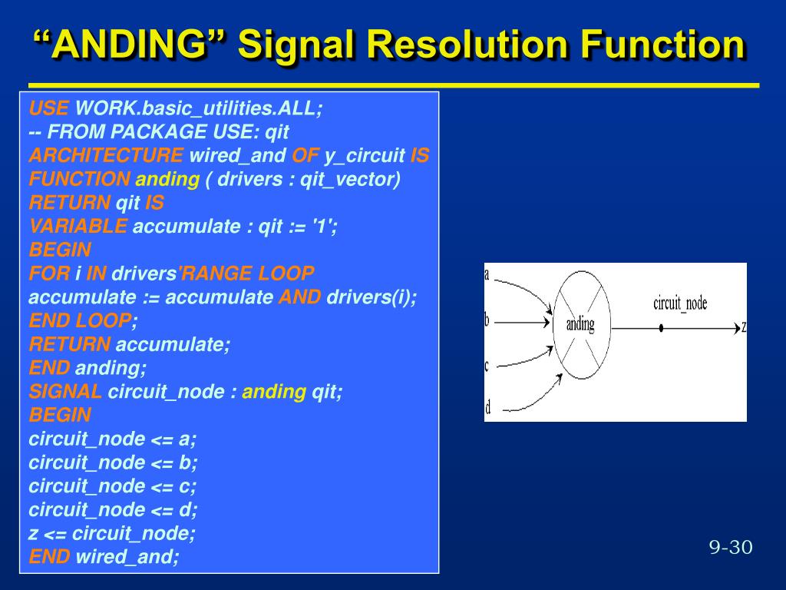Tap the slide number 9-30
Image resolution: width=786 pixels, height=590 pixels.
coord(730,547)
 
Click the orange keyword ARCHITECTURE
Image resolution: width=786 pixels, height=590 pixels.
coord(106,156)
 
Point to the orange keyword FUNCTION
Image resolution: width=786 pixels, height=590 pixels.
coord(79,180)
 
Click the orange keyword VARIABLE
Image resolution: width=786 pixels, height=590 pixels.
coord(78,227)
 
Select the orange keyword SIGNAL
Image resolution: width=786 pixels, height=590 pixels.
coord(65,392)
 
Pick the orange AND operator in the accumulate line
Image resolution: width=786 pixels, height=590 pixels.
coord(299,297)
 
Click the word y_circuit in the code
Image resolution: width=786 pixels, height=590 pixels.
coord(365,156)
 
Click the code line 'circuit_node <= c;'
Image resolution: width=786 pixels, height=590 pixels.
coord(113,486)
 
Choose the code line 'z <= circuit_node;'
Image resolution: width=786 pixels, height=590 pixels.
coord(112,533)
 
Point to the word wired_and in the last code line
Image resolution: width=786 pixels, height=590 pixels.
coord(127,557)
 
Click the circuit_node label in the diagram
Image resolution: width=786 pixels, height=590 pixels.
coord(680,303)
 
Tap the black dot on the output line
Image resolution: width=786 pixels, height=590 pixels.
coord(661,328)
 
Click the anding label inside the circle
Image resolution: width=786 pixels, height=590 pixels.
coord(580,323)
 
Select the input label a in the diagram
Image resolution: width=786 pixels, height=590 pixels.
coord(487,274)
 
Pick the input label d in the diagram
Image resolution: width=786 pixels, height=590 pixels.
coord(487,406)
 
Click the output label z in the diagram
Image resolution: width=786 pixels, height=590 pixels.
coord(743,328)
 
